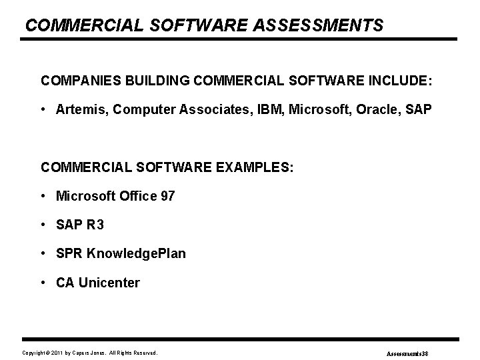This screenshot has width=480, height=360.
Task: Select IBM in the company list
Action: point(264,108)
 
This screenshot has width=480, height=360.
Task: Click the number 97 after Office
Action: point(167,196)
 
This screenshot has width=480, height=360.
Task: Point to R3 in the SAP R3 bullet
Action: point(95,225)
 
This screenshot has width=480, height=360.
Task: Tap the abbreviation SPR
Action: point(70,254)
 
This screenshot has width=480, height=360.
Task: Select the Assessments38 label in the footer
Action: point(411,353)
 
